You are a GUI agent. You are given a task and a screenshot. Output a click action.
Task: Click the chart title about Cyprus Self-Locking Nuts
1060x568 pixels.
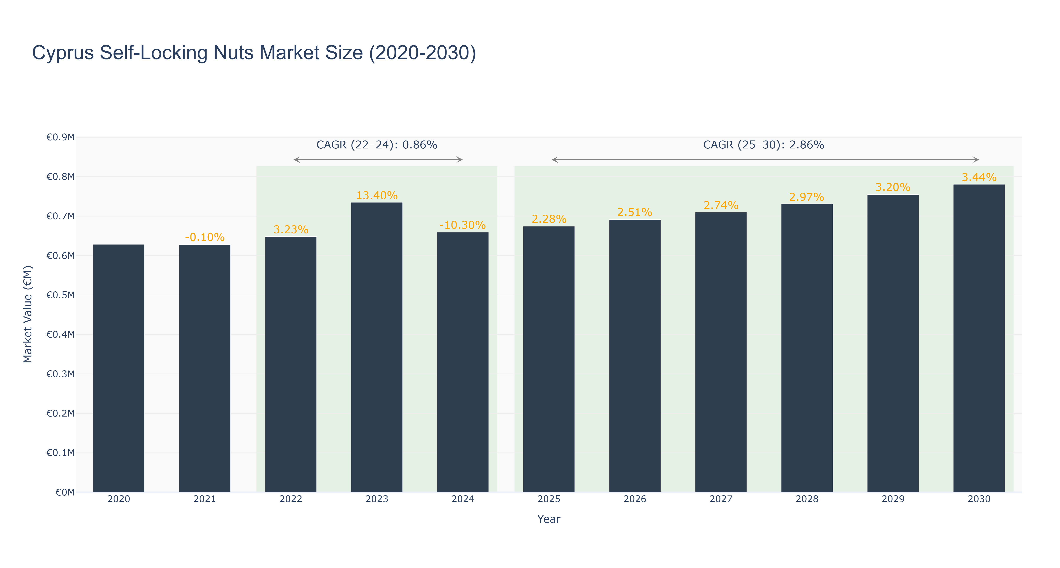tap(254, 53)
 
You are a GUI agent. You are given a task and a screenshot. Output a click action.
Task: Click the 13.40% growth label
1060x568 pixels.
tap(376, 196)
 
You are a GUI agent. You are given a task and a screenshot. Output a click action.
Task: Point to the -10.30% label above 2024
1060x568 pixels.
tap(462, 225)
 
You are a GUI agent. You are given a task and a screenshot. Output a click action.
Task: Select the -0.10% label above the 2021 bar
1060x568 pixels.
tap(204, 237)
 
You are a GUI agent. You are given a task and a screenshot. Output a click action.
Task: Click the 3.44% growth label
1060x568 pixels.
tap(979, 177)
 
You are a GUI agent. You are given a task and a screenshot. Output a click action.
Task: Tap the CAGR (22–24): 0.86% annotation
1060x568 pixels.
tap(376, 145)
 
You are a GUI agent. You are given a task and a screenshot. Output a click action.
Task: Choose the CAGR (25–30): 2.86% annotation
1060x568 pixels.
tap(763, 145)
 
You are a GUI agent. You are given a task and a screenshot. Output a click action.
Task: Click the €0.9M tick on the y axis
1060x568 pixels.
tap(61, 137)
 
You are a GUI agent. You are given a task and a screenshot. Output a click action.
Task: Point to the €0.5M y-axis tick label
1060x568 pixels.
tap(61, 295)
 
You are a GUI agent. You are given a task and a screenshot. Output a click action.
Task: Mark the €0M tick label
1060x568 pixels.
tap(65, 492)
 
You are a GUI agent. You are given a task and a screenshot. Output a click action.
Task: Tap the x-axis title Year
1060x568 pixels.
tap(549, 519)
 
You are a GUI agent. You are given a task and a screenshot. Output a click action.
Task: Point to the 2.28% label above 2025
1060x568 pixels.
tap(549, 219)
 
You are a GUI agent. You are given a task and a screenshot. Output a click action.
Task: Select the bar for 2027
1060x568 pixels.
tap(721, 352)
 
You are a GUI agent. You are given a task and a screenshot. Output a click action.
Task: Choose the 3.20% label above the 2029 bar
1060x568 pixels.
tap(892, 187)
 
